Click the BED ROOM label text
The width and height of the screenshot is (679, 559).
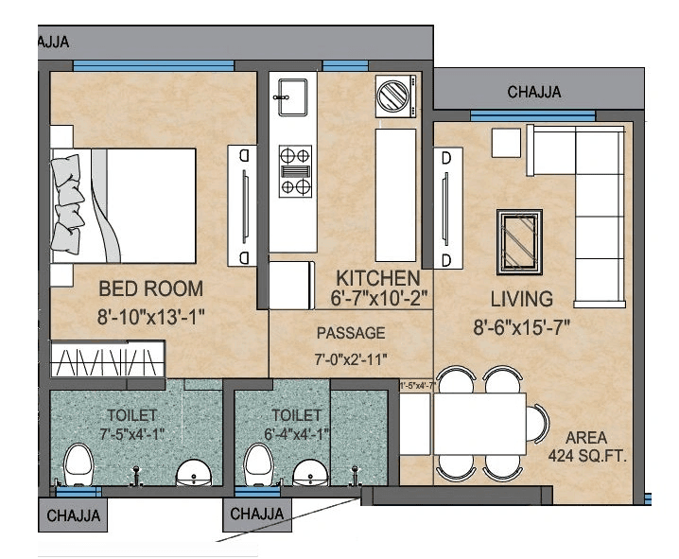click(x=151, y=288)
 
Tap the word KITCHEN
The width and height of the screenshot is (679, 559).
click(x=378, y=278)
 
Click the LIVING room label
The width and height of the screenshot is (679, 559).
click(x=514, y=300)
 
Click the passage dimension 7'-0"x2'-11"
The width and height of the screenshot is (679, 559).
click(x=351, y=359)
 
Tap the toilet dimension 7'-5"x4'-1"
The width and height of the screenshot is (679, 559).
click(x=133, y=435)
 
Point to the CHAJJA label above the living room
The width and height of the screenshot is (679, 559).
click(x=533, y=92)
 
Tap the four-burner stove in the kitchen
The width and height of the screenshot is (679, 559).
click(x=295, y=170)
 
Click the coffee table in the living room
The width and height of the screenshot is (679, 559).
click(x=517, y=239)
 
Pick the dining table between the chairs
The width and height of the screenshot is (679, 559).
click(x=479, y=424)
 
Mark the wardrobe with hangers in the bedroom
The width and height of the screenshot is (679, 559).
click(x=106, y=364)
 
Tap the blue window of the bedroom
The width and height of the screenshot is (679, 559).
click(x=153, y=65)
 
